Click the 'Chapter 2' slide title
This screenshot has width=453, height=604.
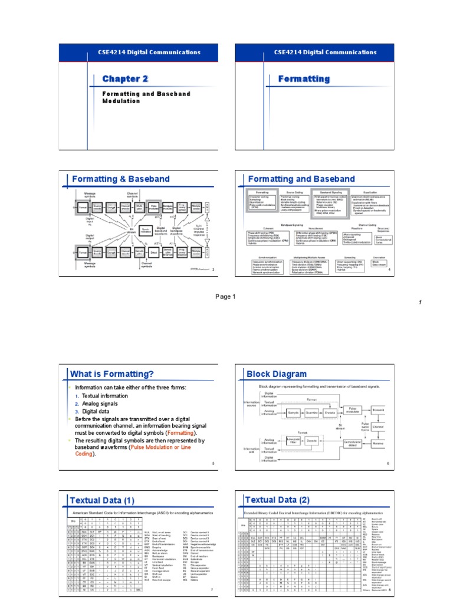click(x=124, y=79)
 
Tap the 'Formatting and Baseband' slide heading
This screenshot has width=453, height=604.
click(x=301, y=178)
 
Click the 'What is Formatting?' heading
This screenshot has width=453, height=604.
click(x=112, y=374)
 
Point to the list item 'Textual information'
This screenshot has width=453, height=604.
click(x=104, y=396)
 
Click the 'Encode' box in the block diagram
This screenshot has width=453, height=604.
click(x=330, y=413)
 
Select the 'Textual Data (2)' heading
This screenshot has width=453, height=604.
click(x=277, y=500)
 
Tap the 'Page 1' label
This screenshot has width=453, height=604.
click(x=225, y=297)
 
